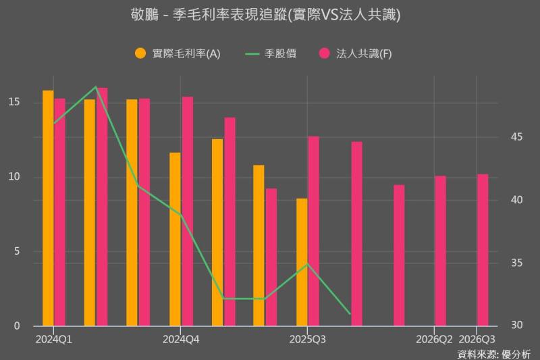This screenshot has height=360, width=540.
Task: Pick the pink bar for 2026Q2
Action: tap(441, 251)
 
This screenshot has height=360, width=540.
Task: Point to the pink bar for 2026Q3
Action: tap(483, 250)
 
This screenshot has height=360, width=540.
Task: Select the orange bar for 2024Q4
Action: tap(175, 239)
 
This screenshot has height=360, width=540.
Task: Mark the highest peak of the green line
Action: tap(96, 87)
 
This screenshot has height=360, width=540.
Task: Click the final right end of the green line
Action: tap(350, 313)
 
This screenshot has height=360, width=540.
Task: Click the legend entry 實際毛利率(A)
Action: tap(178, 54)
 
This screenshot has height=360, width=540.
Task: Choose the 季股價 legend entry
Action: tap(269, 54)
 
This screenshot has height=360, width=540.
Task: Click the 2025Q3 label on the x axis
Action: tap(307, 338)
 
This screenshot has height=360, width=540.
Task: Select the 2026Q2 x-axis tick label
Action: tap(434, 338)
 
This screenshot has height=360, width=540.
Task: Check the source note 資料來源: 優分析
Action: tap(494, 353)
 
